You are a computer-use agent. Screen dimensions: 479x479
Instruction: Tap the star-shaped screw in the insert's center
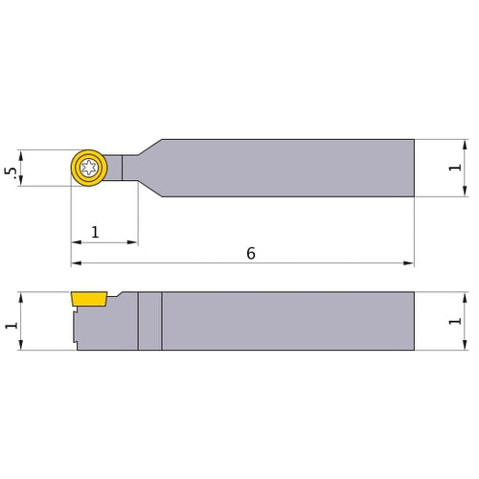point(90,168)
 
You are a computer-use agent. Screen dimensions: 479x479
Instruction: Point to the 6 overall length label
point(250,253)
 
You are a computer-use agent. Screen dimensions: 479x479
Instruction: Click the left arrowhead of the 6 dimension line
point(75,262)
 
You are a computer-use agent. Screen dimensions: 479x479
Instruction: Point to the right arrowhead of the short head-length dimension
point(134,242)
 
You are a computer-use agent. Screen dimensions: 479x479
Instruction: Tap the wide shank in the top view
point(287,168)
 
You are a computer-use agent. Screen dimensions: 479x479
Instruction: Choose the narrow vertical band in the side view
point(148,321)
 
